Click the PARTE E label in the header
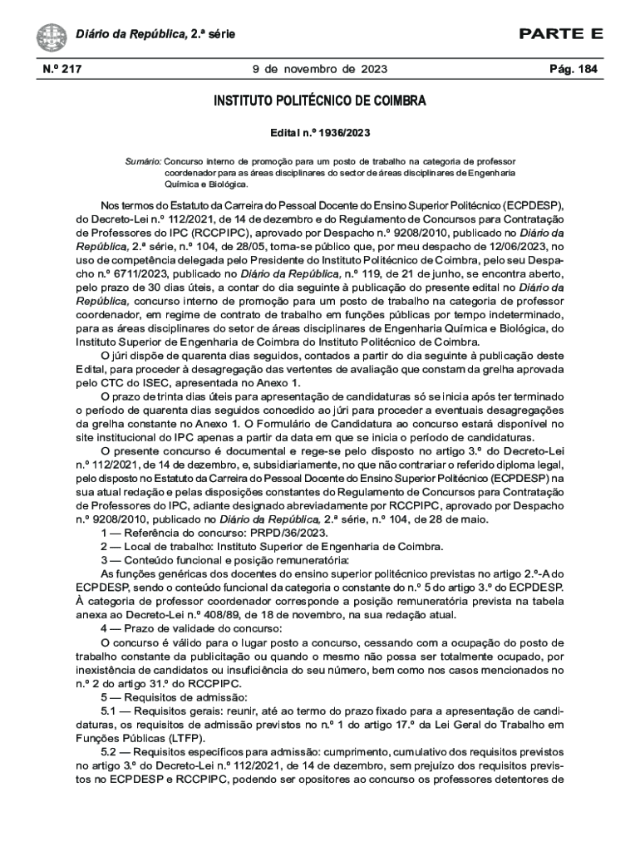coord(561,34)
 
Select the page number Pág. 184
coord(574,69)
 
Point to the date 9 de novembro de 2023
coord(320,69)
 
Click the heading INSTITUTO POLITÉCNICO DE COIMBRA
coord(320,101)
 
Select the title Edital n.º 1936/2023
coord(320,133)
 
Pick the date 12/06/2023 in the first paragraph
coord(497,247)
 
